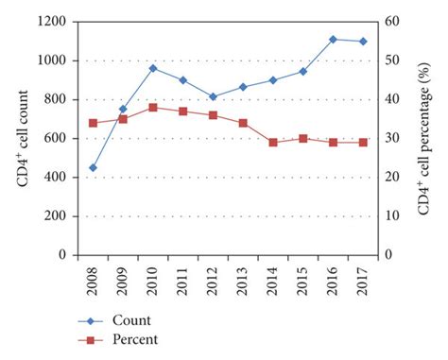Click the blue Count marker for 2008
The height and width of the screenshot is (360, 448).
point(93,167)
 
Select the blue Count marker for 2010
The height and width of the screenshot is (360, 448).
point(152,68)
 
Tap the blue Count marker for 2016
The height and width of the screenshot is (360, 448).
point(333,40)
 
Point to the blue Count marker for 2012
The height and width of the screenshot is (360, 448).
point(213,96)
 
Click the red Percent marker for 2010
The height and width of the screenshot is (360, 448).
point(152,108)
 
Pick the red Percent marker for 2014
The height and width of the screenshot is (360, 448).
point(273,143)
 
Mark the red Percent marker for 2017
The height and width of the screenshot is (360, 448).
point(363,143)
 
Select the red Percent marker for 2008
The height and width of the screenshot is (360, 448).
point(93,123)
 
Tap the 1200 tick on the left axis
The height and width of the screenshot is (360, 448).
point(54,22)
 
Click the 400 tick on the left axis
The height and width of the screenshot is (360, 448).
point(58,178)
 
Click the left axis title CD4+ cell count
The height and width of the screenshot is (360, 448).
point(22,138)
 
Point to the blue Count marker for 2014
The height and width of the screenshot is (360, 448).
point(273,80)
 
